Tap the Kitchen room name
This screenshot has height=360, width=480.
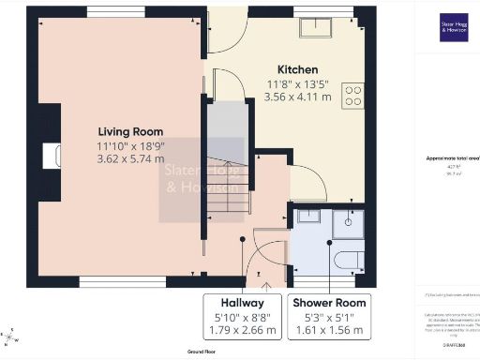click(297, 70)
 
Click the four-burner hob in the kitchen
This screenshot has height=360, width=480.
click(354, 95)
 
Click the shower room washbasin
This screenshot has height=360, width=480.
click(307, 218)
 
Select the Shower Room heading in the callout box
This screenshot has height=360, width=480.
click(330, 304)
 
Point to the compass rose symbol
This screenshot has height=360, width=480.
click(9, 335)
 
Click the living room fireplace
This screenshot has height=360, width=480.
click(50, 155)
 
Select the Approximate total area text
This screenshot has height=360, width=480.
click(447, 159)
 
